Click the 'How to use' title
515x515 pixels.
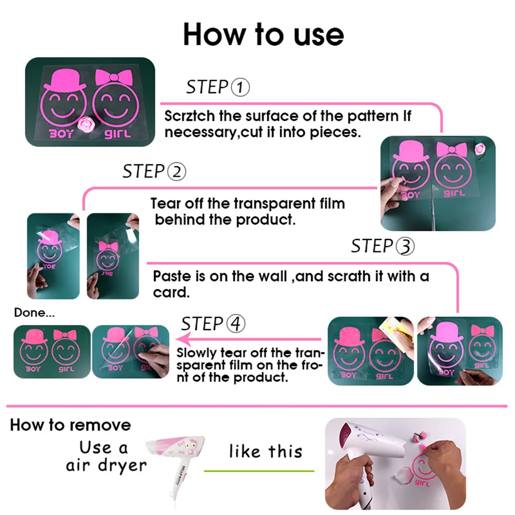click(x=263, y=34)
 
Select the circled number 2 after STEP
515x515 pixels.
click(x=176, y=171)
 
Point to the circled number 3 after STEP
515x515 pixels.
click(x=405, y=247)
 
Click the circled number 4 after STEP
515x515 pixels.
click(x=235, y=324)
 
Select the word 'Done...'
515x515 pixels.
click(x=34, y=313)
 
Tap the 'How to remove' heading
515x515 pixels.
click(x=70, y=425)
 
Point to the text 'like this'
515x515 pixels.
click(x=265, y=452)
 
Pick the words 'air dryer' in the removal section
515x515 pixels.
click(x=106, y=465)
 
